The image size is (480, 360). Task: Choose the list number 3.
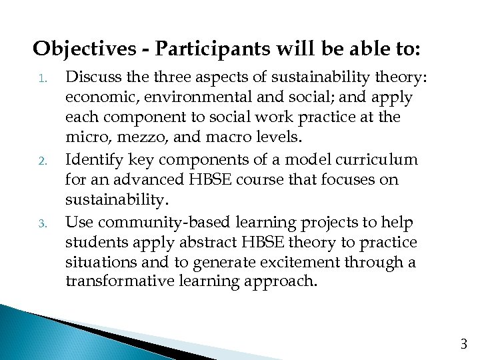(41, 223)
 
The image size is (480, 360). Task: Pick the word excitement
(302, 263)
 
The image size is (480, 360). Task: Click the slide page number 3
(464, 345)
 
